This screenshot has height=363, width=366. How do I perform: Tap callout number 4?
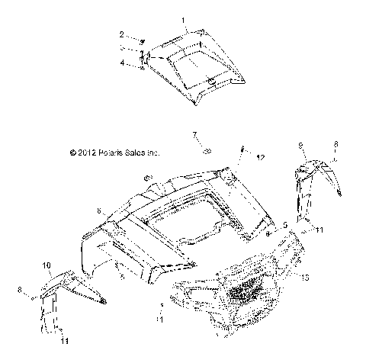[122, 64]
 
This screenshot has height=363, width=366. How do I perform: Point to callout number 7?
[194, 134]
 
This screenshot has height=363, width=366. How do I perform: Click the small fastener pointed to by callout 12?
[243, 149]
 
